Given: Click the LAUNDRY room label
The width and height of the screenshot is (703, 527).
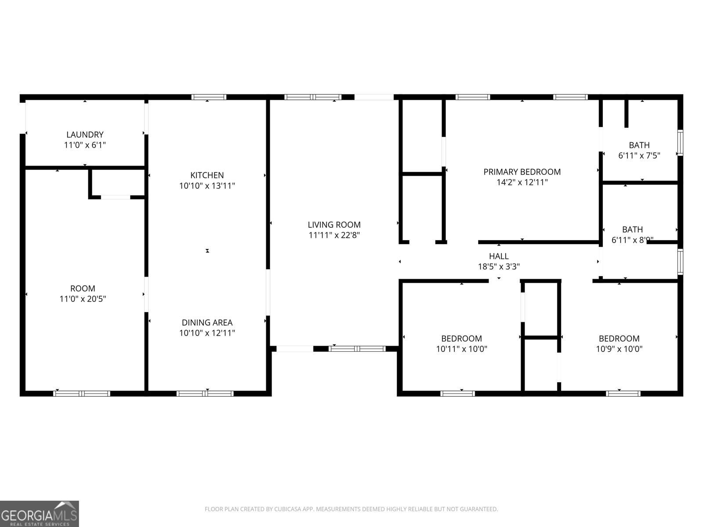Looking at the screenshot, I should point(85,134).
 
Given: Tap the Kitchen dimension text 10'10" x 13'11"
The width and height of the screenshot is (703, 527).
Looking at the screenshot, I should point(207,186).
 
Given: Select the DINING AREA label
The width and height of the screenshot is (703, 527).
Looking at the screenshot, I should point(207,322).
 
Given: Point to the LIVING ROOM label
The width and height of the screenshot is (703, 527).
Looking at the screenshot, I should point(334,224).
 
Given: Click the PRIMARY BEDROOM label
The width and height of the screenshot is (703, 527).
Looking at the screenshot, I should point(522,172).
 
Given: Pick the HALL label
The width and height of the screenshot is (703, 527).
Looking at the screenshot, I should point(499,256).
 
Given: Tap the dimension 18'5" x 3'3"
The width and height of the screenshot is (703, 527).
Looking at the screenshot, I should point(499,266).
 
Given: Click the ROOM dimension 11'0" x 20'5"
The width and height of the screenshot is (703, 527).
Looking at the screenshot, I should point(83,299).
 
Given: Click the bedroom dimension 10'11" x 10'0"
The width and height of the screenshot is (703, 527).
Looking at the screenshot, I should point(461,349).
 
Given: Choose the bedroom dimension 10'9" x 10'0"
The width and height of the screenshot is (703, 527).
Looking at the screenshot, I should point(619,349).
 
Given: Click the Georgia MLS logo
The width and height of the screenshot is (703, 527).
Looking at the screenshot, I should point(40,513).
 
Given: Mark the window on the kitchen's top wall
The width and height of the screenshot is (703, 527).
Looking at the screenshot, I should point(209,97).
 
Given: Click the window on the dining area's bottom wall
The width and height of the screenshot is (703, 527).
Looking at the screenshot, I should point(205,393).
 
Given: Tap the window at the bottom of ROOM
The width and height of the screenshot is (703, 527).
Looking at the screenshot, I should point(82,393).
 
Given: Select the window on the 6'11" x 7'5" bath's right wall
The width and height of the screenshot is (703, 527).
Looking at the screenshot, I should point(680,142).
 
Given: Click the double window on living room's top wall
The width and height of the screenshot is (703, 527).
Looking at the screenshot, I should point(312,97).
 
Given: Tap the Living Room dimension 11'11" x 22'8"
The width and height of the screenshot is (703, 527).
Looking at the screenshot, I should point(334,235).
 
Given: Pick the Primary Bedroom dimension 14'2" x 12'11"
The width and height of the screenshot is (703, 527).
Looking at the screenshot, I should point(522,182).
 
